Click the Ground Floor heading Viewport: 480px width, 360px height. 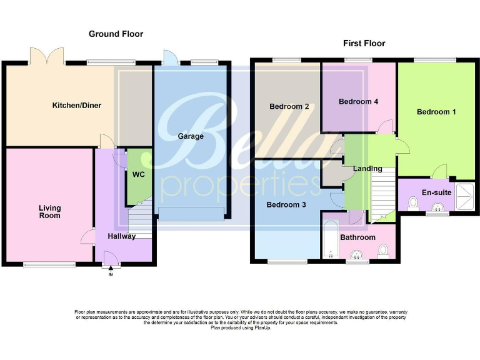point(116,34)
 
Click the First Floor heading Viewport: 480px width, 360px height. point(364,43)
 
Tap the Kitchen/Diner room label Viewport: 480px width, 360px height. point(76,105)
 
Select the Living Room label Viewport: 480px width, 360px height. point(49,211)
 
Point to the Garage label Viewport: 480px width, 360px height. point(191,136)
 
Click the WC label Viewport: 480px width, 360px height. point(137,174)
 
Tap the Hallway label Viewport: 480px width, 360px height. point(121,236)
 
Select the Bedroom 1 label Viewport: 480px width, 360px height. point(436,111)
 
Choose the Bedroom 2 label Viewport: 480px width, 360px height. point(289,106)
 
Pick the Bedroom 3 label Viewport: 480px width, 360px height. point(286,204)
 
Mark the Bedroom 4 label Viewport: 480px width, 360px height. point(358,101)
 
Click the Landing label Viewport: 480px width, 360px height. point(367,169)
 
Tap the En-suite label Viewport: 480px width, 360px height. point(436,192)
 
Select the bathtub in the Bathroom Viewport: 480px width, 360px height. point(330,239)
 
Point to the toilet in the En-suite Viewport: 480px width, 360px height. point(413,202)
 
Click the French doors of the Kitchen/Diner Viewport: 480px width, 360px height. point(46,56)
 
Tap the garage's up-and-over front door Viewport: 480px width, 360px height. point(191,214)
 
